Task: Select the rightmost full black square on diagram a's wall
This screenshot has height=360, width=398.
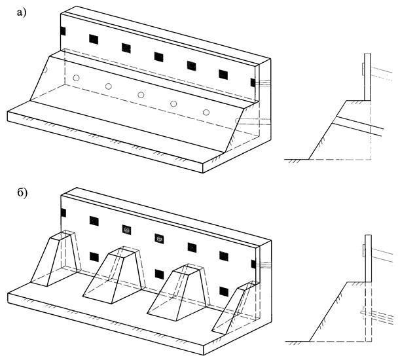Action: pyautogui.click(x=223, y=73)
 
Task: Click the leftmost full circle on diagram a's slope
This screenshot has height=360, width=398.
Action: pyautogui.click(x=76, y=78)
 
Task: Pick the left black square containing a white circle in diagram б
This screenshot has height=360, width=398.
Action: pyautogui.click(x=127, y=229)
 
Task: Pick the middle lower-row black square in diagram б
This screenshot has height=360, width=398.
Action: pyautogui.click(x=159, y=273)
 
